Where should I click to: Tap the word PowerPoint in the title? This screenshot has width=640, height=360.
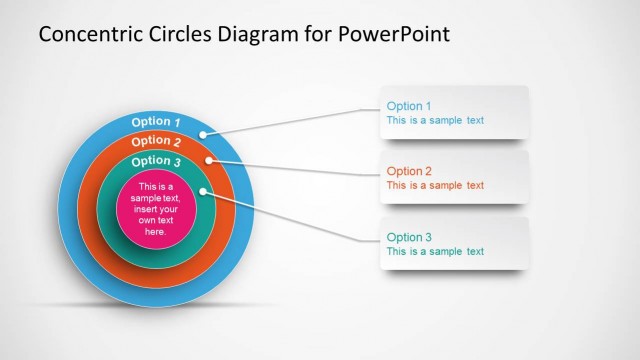click(x=395, y=33)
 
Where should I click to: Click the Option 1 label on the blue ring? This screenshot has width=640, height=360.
click(x=155, y=122)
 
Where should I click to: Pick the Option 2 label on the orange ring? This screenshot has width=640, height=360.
click(x=155, y=141)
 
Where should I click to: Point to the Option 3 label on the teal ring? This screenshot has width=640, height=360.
click(x=156, y=160)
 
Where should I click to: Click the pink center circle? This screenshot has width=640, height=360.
click(x=155, y=209)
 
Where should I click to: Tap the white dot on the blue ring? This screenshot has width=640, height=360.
click(x=203, y=134)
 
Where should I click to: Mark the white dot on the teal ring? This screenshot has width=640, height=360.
click(x=203, y=190)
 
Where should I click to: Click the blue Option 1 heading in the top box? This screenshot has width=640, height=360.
click(x=409, y=106)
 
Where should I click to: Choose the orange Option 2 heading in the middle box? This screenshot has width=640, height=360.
click(x=409, y=171)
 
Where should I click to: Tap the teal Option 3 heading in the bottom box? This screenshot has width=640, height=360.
click(x=409, y=237)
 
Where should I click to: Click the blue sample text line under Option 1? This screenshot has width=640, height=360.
click(x=435, y=120)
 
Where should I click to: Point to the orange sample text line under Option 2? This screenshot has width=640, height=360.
click(x=435, y=185)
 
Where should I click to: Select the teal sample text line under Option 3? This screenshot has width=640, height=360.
click(x=435, y=251)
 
